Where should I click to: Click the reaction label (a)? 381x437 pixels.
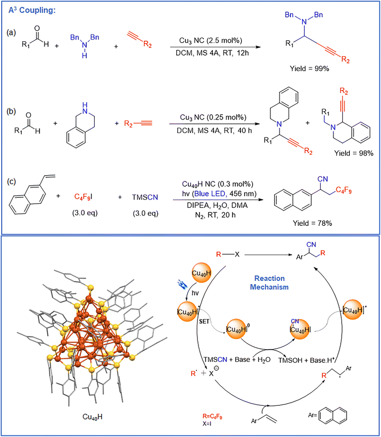[x=11, y=33]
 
